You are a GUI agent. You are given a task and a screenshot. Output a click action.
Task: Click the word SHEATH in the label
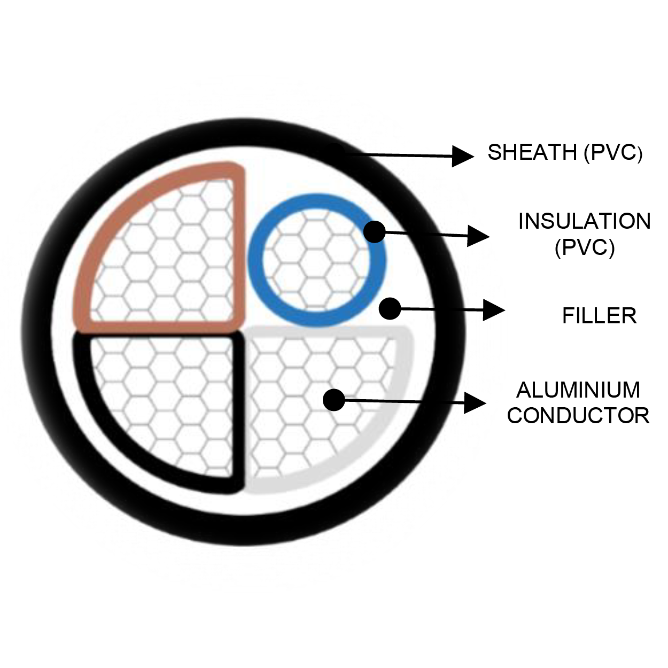[532, 153]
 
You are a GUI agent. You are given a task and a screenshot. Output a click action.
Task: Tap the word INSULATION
[584, 221]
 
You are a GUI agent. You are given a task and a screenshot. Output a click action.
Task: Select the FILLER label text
[599, 316]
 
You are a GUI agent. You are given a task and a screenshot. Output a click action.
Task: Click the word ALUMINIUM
[578, 390]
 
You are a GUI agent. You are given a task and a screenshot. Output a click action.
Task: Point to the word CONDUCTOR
[578, 415]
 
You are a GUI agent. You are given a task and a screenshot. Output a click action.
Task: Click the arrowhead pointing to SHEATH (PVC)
[463, 156]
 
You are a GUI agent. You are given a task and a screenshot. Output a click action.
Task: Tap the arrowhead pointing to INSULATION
[478, 235]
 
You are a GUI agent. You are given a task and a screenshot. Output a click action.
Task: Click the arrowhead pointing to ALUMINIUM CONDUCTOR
[475, 402]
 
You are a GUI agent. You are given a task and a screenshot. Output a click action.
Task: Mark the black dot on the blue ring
[374, 232]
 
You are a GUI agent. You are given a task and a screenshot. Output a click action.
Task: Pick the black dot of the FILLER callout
[390, 308]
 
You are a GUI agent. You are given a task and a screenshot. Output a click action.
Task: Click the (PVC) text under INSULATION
[584, 247]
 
